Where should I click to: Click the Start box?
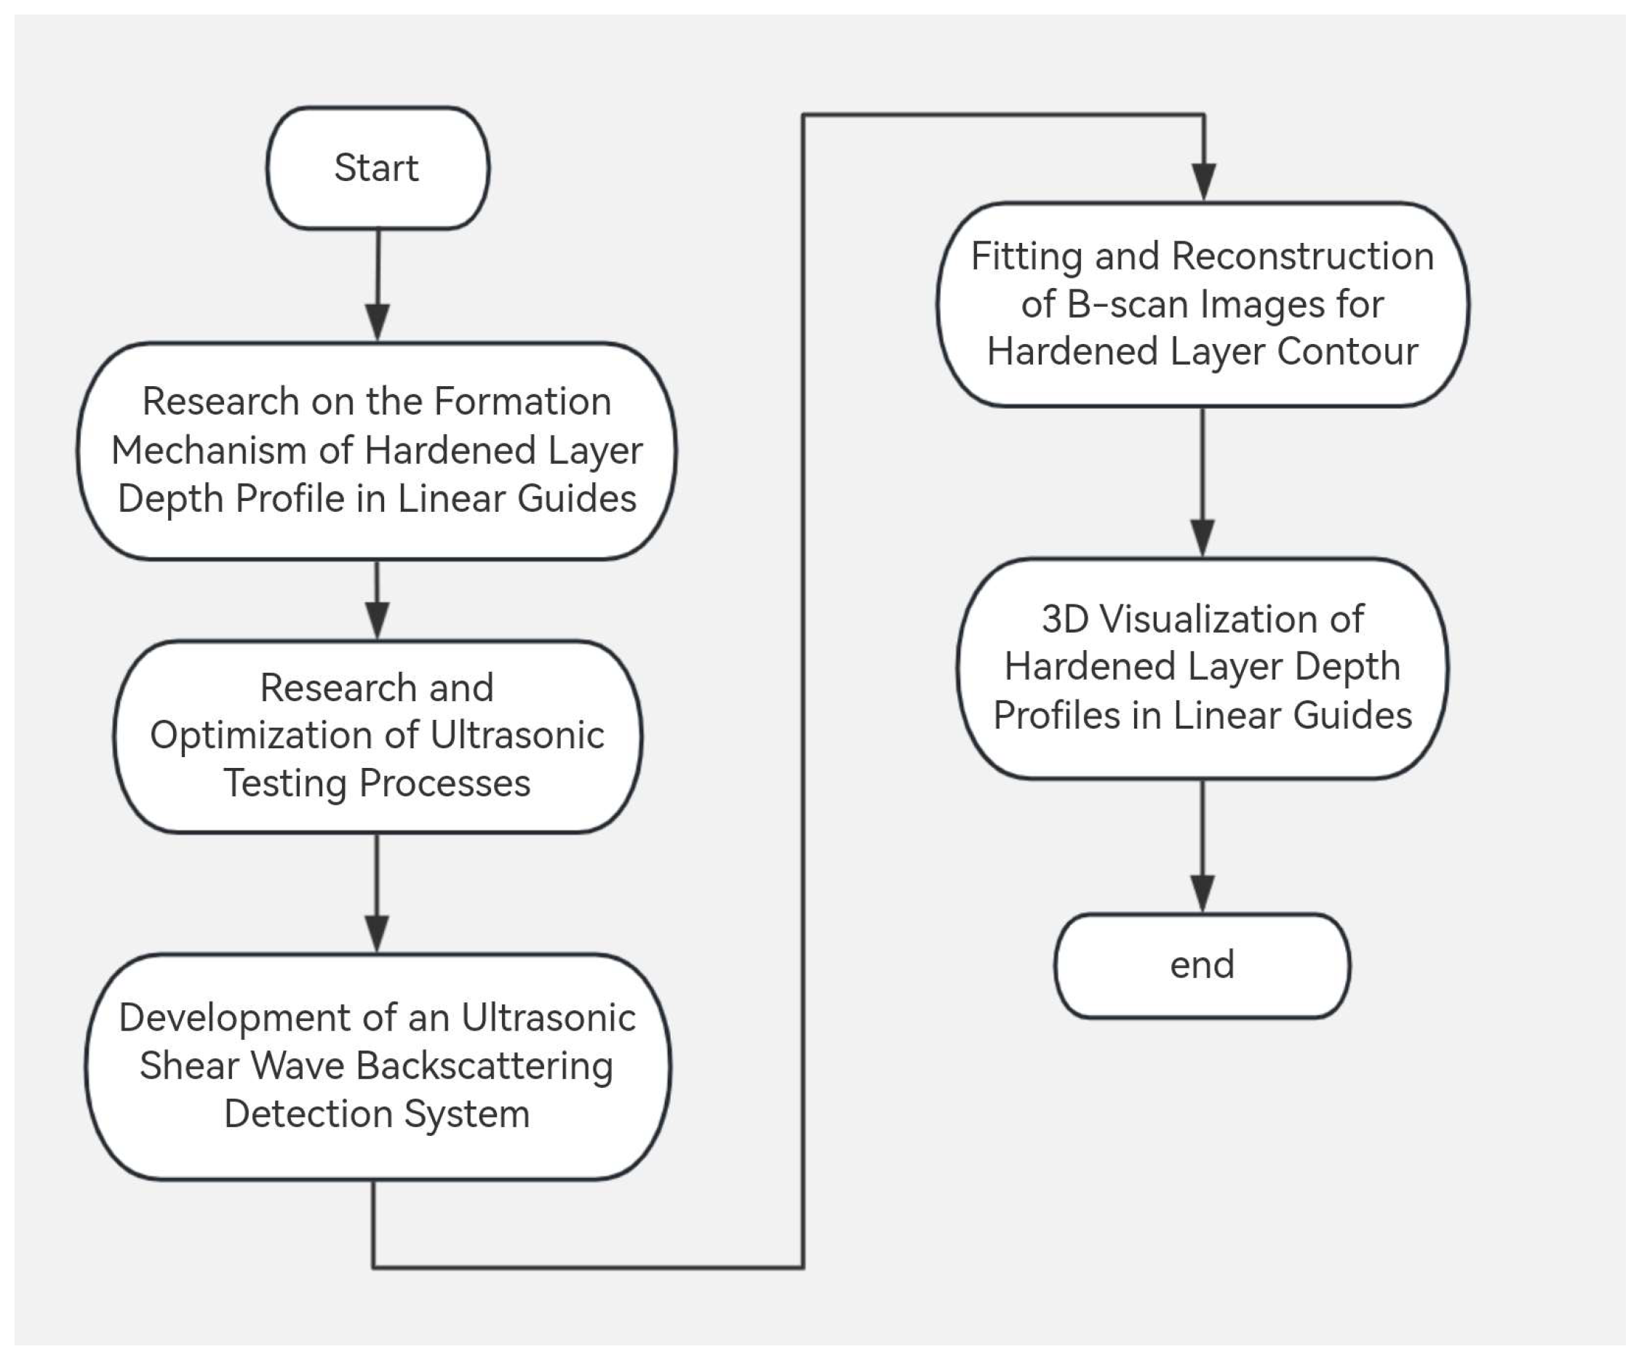(378, 168)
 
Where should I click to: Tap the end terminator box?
(1202, 965)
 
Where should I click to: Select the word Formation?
(522, 401)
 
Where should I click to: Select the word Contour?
(1347, 351)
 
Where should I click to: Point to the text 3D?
(1064, 619)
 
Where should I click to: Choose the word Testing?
(285, 783)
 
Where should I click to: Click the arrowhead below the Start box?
(378, 321)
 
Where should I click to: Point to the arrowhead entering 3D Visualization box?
(1202, 537)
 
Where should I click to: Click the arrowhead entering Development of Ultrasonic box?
(377, 933)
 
